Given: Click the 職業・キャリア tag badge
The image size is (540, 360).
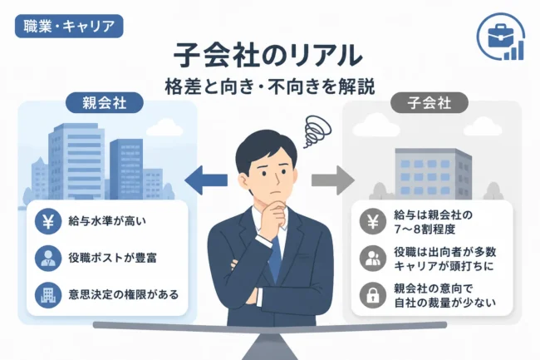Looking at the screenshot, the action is point(69,26).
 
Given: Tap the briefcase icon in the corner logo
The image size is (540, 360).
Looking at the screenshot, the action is point(501,37).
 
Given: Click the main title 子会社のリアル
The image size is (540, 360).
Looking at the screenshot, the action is point(268,55).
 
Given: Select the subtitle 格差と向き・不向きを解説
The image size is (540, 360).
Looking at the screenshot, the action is point(270,86).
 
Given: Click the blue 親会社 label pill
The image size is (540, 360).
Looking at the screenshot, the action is point(105,102).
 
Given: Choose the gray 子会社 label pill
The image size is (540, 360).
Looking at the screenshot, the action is point(430,102).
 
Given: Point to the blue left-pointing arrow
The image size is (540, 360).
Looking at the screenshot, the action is point(206,180).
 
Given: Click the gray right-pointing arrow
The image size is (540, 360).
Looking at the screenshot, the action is point(333,180).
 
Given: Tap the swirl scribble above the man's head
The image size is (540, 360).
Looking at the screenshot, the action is point(317,131).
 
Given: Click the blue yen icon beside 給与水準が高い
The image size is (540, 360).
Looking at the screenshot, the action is point(48,221).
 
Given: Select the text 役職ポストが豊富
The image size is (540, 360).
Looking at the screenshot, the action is point(112,258).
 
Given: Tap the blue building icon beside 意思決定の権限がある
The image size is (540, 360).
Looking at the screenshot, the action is point(48,295).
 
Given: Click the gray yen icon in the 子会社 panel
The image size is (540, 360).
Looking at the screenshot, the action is point(373,221).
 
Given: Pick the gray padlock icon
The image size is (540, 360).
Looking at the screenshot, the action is point(373,295).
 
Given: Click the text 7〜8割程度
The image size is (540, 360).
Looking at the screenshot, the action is point(425,229).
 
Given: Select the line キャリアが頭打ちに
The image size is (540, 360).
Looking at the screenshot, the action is point(444,266).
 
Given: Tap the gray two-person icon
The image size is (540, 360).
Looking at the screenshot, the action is point(373,259).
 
